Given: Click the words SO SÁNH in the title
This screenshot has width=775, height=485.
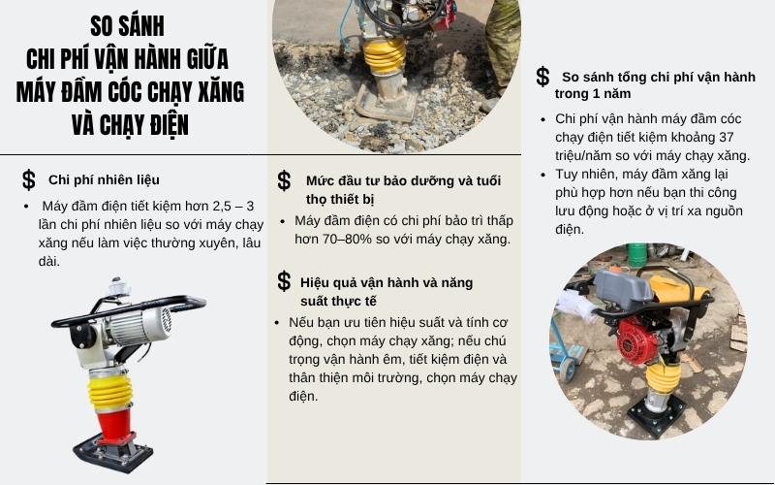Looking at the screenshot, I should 127,25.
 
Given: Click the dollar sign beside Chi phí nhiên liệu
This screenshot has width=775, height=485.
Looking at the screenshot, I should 29,179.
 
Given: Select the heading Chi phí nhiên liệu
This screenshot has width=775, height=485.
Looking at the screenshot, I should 104,179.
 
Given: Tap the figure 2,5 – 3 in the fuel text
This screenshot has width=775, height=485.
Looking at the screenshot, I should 229,207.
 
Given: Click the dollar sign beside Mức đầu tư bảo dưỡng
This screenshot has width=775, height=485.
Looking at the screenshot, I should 284,180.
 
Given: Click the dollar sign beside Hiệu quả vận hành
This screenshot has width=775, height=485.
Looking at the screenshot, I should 284,281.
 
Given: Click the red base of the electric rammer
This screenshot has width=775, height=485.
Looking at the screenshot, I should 114,424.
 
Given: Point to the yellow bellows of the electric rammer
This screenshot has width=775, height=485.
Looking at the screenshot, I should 111,392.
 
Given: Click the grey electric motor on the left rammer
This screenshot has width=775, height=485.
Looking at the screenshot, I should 140,323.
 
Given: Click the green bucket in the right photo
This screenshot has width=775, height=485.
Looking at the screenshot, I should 636,254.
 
